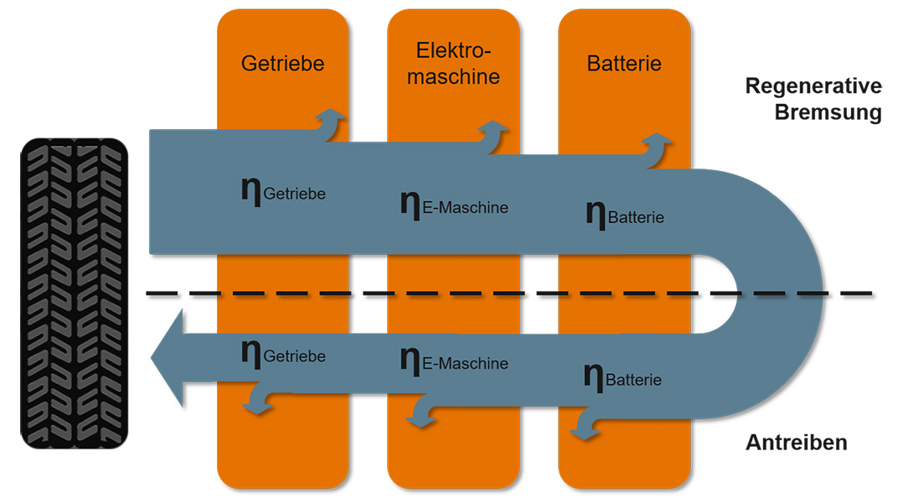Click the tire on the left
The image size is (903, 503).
pyautogui.click(x=75, y=293)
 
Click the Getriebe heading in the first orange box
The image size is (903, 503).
pyautogui.click(x=283, y=64)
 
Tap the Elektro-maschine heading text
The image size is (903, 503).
pyautogui.click(x=453, y=64)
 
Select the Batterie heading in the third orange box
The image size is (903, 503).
pyautogui.click(x=624, y=64)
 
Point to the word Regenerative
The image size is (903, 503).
pyautogui.click(x=813, y=86)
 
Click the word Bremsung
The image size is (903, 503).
pyautogui.click(x=828, y=111)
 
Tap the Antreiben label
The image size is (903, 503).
pyautogui.click(x=797, y=443)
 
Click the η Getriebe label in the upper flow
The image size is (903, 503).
pyautogui.click(x=283, y=191)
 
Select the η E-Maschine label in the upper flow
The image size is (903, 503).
pyautogui.click(x=454, y=205)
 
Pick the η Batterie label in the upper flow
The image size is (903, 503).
pyautogui.click(x=625, y=215)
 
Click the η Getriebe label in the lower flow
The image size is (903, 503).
pyautogui.click(x=283, y=354)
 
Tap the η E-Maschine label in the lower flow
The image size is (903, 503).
pyautogui.click(x=454, y=361)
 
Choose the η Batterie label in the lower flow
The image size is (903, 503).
pyautogui.click(x=622, y=377)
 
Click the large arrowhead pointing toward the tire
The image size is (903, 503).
pyautogui.click(x=168, y=358)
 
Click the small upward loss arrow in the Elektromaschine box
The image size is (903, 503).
pyautogui.click(x=493, y=136)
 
